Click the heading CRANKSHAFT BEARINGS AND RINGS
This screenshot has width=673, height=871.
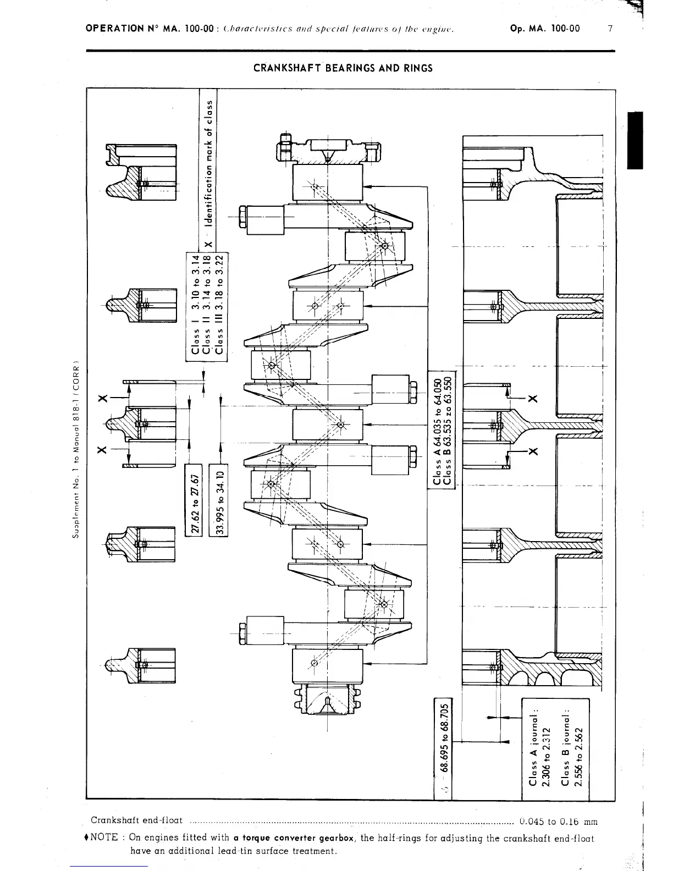343,68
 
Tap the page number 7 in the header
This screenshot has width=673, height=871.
610,29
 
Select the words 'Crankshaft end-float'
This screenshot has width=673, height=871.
136,820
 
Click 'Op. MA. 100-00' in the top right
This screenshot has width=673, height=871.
544,29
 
